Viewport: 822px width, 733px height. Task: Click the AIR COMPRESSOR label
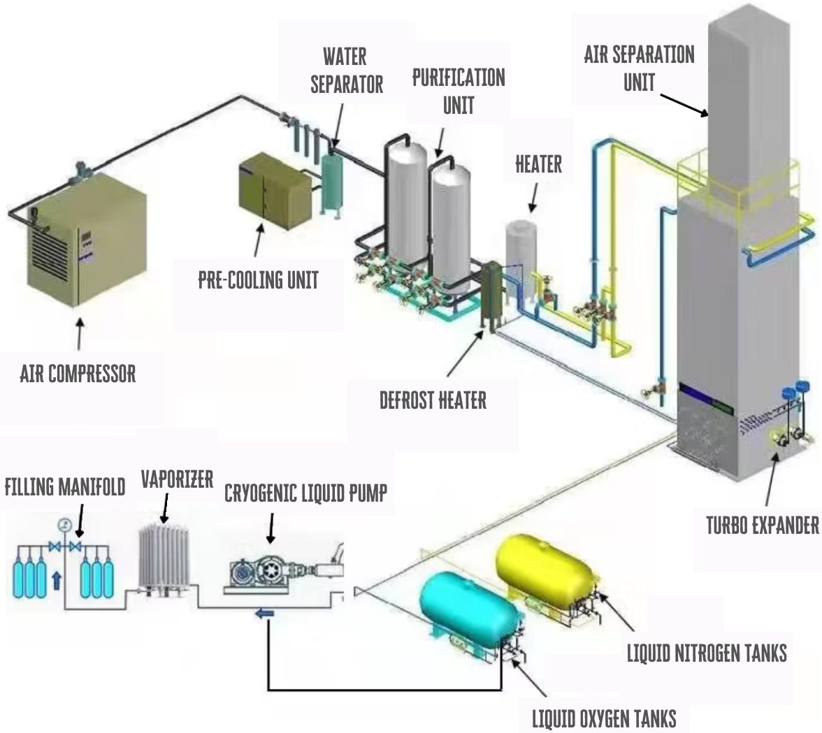[78, 374]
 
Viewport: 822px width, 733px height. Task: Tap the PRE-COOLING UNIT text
[258, 280]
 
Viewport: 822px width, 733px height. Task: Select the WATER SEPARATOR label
[347, 70]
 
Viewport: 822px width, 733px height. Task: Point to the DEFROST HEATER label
[433, 400]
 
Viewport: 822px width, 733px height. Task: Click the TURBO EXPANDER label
[762, 525]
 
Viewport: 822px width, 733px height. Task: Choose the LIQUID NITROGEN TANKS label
[707, 653]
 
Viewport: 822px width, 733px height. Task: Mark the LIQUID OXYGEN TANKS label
[604, 718]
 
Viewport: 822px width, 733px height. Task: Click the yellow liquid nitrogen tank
[545, 563]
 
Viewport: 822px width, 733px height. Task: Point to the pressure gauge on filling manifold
[65, 524]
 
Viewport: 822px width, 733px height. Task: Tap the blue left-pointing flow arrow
[264, 614]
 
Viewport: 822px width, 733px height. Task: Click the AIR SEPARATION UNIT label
[639, 68]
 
